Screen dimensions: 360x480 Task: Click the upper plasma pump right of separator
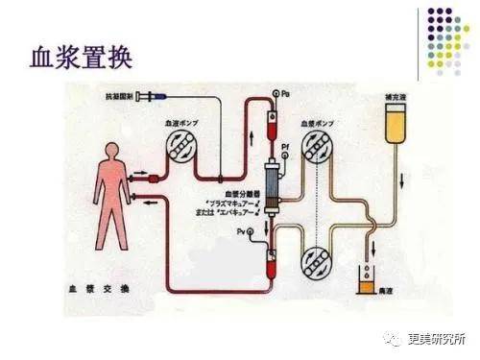click(317, 151)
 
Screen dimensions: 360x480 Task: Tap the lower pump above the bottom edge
click(316, 262)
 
